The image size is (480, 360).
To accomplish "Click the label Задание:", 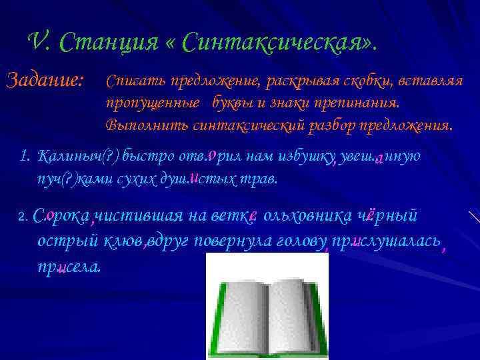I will click(x=45, y=81).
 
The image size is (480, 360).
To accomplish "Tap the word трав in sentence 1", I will click(x=263, y=179).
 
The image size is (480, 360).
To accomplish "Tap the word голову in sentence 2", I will click(x=301, y=241).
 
